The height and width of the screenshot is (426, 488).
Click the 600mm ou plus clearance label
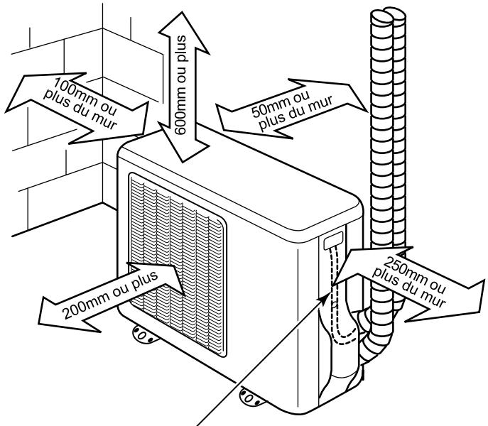(x=180, y=85)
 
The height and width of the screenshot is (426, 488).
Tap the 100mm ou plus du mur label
(x=80, y=104)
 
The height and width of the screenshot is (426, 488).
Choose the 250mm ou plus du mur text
(x=409, y=282)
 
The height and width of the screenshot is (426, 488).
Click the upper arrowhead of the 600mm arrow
(x=184, y=31)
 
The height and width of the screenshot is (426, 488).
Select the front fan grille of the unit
(x=178, y=265)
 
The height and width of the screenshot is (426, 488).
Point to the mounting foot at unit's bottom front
(x=251, y=397)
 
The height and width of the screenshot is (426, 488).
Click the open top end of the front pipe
(x=381, y=16)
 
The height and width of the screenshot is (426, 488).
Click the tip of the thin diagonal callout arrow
(x=329, y=293)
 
